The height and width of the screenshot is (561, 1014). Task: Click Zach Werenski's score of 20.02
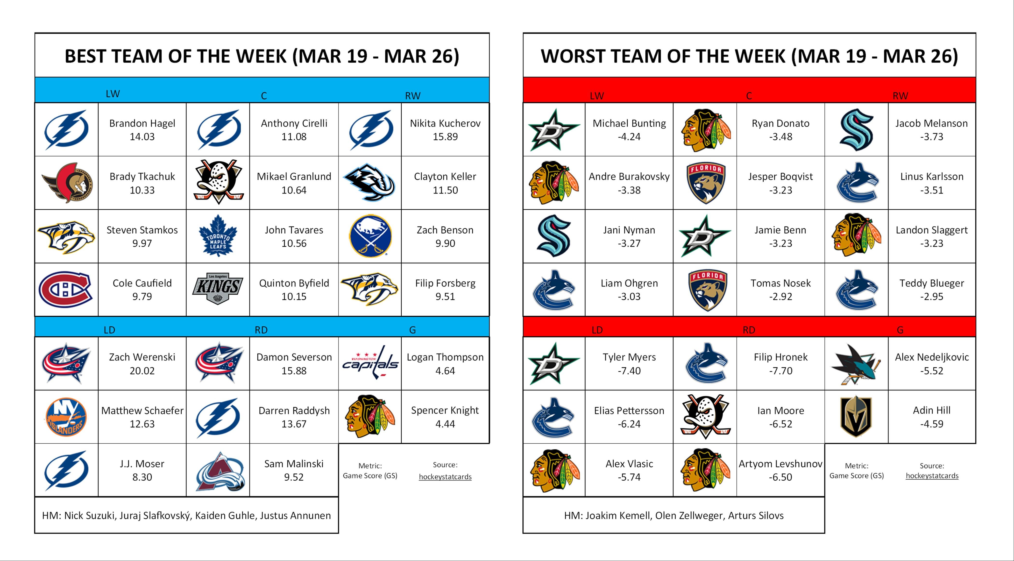[142, 371]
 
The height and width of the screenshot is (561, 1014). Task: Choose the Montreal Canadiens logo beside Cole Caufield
[66, 289]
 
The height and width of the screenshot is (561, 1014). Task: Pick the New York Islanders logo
[66, 417]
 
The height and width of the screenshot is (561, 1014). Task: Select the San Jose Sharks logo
[856, 364]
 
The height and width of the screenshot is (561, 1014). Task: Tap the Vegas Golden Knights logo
[856, 417]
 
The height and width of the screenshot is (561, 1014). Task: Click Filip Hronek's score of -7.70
[780, 371]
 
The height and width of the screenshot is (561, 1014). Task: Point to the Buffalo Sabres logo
[370, 236]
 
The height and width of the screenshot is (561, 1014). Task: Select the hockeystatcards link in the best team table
[445, 477]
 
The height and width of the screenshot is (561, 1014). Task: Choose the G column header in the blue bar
[412, 330]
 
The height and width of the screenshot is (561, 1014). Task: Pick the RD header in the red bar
[749, 330]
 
